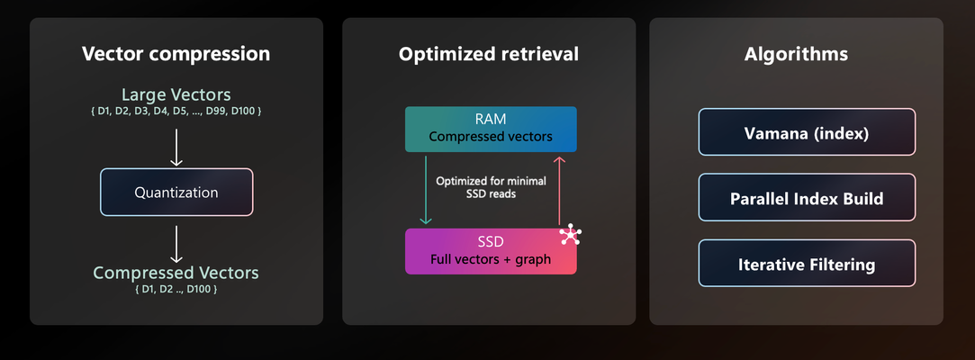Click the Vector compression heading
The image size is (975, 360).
point(176,53)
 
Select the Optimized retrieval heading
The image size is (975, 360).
point(489,54)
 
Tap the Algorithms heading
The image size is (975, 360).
point(796,54)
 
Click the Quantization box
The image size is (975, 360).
point(176,192)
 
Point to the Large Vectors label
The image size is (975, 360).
point(176,94)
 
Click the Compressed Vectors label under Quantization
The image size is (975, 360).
point(176,273)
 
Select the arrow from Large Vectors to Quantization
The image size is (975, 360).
point(176,148)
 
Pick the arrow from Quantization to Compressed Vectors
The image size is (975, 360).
point(176,244)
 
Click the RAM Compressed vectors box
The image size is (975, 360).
point(491,130)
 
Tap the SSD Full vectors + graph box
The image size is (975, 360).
point(491,251)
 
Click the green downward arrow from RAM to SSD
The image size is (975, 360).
point(426,190)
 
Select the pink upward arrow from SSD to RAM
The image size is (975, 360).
point(560,190)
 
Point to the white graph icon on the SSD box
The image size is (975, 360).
point(570,236)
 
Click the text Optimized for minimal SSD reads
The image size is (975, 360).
point(492,188)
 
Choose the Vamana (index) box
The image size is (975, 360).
point(807,131)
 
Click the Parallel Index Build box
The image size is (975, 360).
point(807,197)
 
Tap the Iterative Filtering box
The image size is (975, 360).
point(807,263)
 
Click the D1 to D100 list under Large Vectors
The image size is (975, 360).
point(176,112)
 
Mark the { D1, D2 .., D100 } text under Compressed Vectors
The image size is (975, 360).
point(176,289)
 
